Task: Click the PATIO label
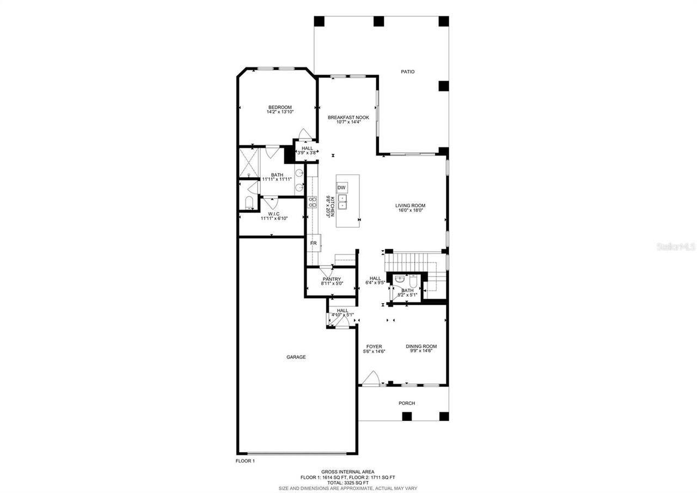pos(408,71)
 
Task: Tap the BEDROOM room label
pos(279,107)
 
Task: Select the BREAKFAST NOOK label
pos(348,117)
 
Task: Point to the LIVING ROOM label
pos(410,206)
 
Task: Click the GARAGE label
pos(296,357)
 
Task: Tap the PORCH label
pos(407,403)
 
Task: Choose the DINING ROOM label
pos(421,346)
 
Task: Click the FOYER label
pos(374,346)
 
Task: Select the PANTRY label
pos(331,279)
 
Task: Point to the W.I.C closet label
pos(274,214)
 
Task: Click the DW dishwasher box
pos(341,188)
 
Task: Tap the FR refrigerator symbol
pos(314,243)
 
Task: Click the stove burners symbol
pos(313,202)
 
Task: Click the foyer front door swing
pos(371,378)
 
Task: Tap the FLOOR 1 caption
pos(245,461)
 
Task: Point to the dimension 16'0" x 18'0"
pos(410,211)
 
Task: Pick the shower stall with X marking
pos(249,163)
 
